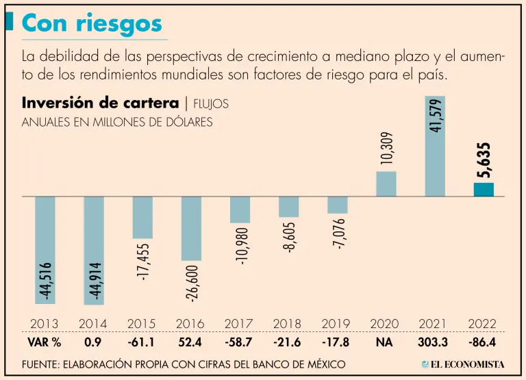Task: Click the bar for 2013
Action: [x=45, y=250]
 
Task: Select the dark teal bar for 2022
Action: [x=484, y=190]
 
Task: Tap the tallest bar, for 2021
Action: [x=435, y=146]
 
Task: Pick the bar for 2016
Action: [x=191, y=228]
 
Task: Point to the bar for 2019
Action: [x=338, y=205]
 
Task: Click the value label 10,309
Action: [x=386, y=149]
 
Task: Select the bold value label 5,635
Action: [x=484, y=160]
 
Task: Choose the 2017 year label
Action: [x=239, y=323]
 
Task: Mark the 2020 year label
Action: [x=385, y=323]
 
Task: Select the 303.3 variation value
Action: [x=434, y=342]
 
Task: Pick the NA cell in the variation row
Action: [x=385, y=342]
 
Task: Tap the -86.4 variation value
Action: [x=482, y=342]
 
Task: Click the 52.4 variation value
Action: [x=190, y=342]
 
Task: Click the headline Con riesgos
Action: [x=92, y=24]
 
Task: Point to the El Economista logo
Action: [x=463, y=364]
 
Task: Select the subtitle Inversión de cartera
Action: [x=100, y=103]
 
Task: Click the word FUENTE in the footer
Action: [x=43, y=364]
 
